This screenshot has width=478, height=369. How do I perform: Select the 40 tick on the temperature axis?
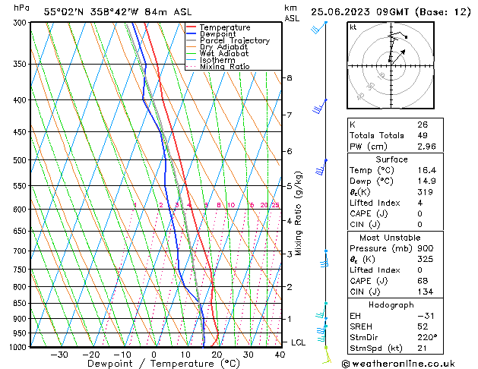(280, 355)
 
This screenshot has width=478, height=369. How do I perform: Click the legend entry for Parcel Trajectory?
(234, 40)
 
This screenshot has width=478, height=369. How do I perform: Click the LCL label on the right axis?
(299, 342)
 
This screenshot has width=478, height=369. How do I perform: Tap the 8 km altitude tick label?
(289, 77)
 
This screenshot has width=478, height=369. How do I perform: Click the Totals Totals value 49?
(423, 135)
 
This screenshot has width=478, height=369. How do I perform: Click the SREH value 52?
(423, 326)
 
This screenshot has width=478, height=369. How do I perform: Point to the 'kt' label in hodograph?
(353, 27)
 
